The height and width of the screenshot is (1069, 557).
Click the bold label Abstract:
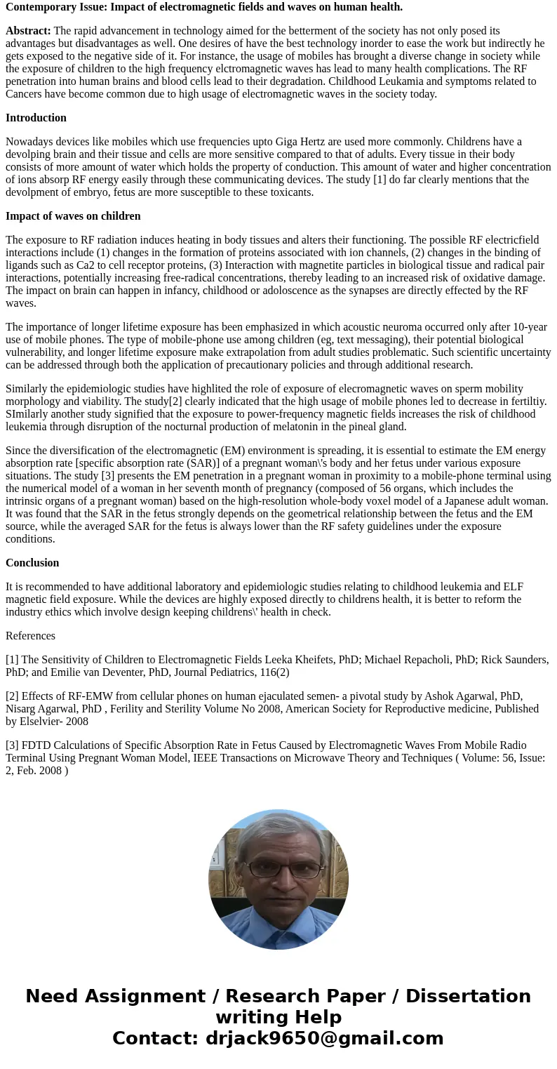[x=28, y=31]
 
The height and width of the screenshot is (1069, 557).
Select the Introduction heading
[x=36, y=118]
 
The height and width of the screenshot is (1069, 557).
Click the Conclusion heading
[x=32, y=563]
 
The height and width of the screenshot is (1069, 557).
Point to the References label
[x=30, y=636]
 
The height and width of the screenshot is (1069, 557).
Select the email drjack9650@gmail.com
[x=324, y=1039]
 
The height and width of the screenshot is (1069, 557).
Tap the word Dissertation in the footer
[x=468, y=997]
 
